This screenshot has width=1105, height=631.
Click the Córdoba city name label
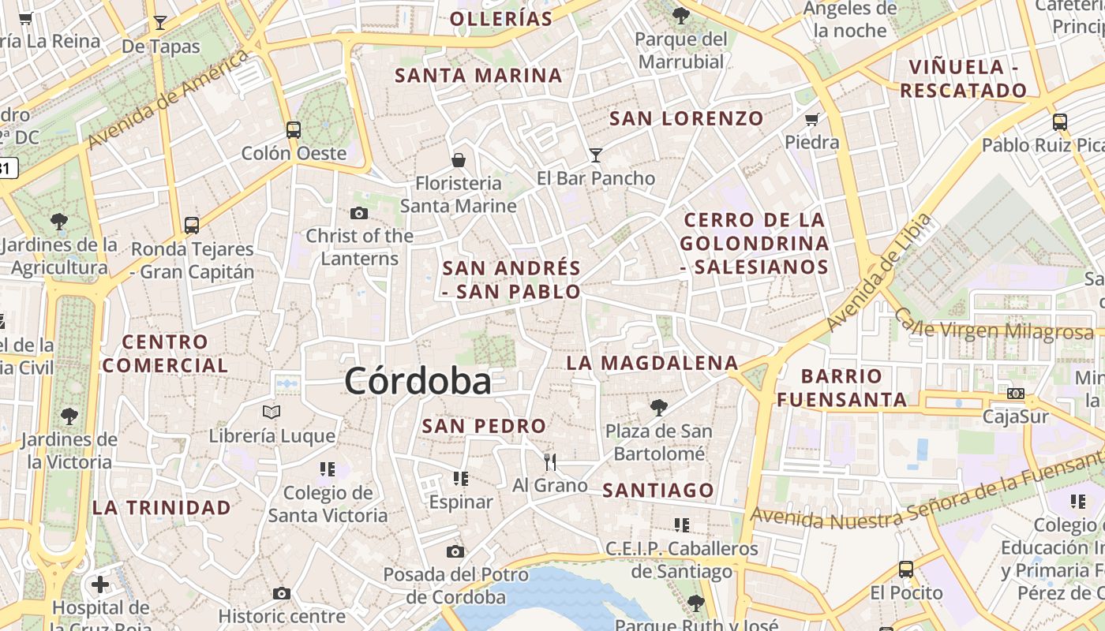point(418,382)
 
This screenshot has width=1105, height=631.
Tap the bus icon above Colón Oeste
point(294,129)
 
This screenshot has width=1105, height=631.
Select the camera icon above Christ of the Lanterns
point(359,213)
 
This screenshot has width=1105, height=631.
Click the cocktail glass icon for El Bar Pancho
point(595,155)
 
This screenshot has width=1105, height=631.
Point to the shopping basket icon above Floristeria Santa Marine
point(459,160)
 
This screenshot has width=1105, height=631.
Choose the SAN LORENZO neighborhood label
point(687,119)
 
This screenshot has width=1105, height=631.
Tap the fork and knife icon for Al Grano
point(550,461)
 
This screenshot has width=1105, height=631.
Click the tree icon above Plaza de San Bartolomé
point(658,408)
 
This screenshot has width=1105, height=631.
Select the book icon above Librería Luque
point(272,412)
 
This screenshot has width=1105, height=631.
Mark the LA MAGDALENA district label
point(652,363)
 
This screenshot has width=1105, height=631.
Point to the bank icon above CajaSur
point(1016,393)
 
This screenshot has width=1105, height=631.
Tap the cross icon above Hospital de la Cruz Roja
point(100,584)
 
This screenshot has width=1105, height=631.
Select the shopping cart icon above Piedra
point(811,120)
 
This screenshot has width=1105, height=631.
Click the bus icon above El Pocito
point(906,569)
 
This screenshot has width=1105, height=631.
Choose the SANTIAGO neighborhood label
point(658,490)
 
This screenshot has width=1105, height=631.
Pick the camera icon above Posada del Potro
point(455,551)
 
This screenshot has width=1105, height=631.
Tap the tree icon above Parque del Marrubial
point(680,15)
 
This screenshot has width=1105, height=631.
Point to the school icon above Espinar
point(461,478)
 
